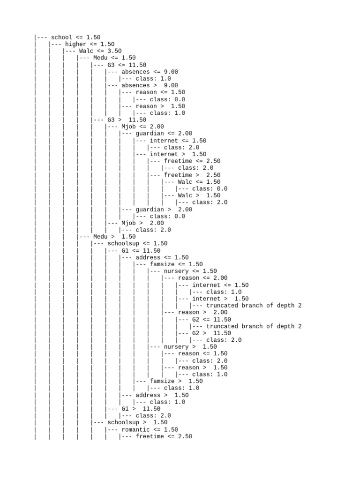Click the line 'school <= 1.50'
click(x=75, y=37)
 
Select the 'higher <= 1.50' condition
click(x=90, y=44)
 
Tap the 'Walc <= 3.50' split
click(x=100, y=51)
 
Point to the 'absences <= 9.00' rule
click(x=150, y=72)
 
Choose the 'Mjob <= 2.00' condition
click(x=142, y=127)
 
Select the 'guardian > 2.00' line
click(x=164, y=210)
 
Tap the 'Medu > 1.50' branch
click(x=114, y=237)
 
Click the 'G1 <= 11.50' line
click(x=141, y=251)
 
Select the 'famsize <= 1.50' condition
click(x=176, y=264)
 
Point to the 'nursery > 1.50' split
click(x=190, y=347)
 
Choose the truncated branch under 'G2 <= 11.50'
click(x=254, y=326)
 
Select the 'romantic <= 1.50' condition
click(x=150, y=429)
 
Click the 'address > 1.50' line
click(x=162, y=395)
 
